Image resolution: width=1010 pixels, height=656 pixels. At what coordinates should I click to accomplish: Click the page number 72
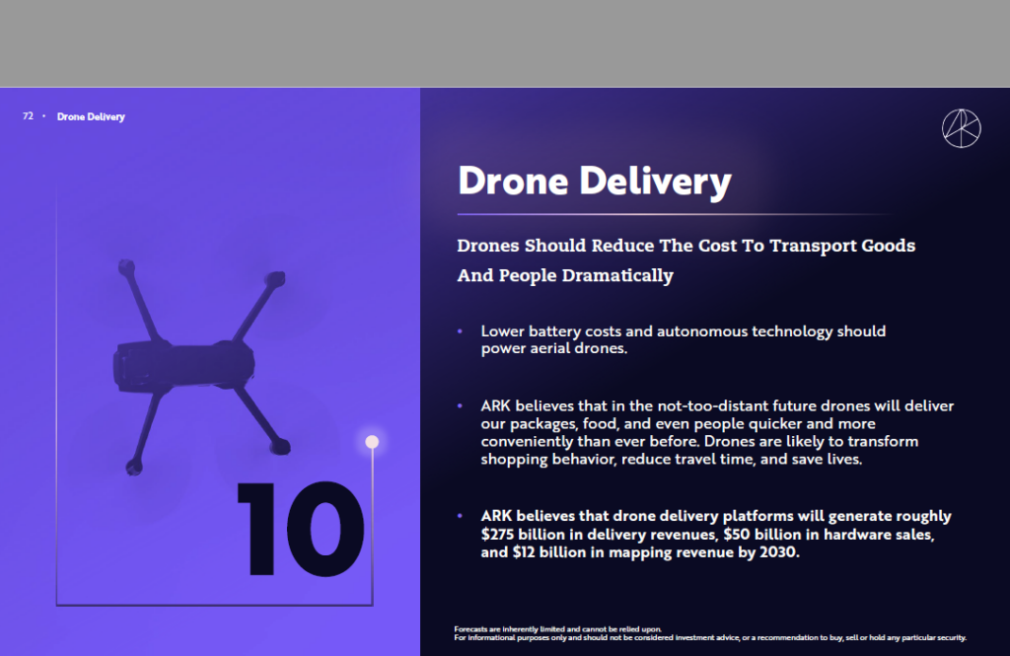point(28,116)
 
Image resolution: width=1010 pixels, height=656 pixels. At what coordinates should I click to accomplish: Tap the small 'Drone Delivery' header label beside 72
point(91,116)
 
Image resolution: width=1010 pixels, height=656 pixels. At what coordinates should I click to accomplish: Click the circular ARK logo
point(961,128)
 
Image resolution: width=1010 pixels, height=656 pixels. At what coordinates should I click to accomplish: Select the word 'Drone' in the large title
point(513,181)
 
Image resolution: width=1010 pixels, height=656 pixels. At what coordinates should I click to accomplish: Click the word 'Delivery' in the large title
point(655,182)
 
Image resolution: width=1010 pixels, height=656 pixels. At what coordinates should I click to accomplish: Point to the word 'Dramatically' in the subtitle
point(617,276)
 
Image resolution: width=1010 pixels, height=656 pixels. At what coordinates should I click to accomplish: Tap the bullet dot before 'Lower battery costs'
point(460,331)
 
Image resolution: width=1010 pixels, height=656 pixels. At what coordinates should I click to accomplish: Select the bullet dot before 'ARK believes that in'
point(460,406)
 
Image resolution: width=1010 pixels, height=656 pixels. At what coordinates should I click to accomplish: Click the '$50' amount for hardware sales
point(736,535)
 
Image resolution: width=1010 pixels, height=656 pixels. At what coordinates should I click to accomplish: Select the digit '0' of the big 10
point(325,529)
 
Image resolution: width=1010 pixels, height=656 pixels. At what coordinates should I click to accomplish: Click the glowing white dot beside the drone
point(372,441)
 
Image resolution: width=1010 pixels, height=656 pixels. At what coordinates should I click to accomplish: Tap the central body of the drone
point(184,365)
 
